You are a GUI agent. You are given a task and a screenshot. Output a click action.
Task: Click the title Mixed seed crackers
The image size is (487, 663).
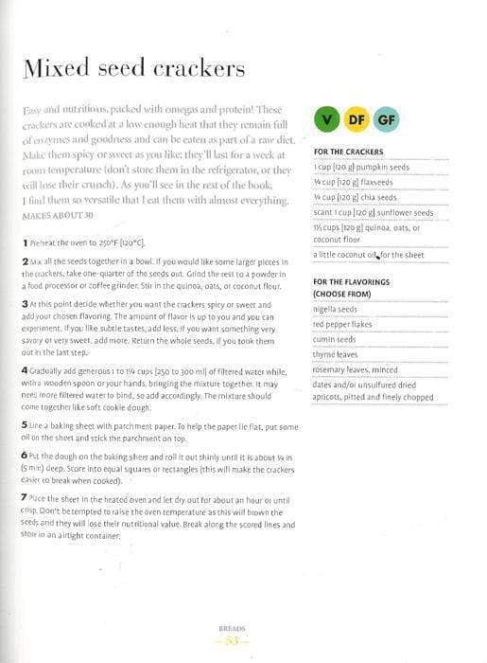click(x=133, y=68)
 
